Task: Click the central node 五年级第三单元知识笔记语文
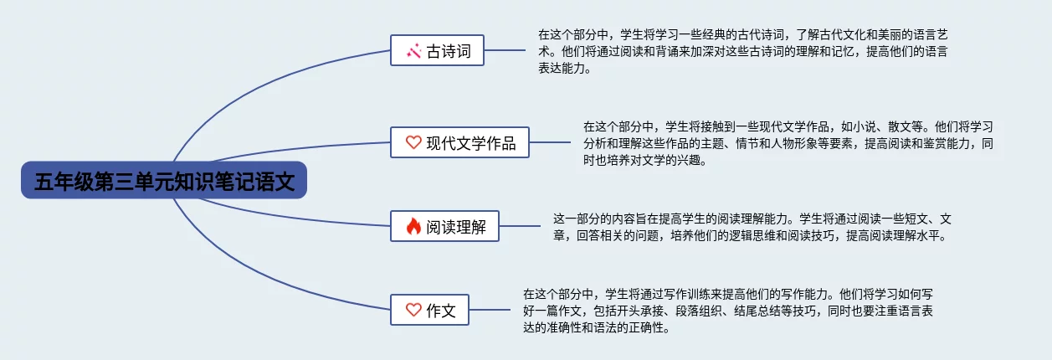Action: point(164,180)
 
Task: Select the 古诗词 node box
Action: point(437,50)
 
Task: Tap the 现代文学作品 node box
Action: point(459,142)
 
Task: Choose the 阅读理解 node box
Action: point(444,226)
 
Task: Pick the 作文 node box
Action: point(429,310)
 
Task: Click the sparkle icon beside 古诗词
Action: point(413,51)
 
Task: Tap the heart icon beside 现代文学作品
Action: point(413,142)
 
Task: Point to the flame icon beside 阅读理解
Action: point(413,226)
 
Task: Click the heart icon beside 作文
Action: point(413,309)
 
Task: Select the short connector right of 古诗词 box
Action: point(505,50)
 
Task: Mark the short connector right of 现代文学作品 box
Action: point(550,142)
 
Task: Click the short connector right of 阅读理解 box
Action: point(520,225)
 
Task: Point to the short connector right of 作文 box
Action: point(490,309)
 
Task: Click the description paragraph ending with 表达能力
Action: point(743,51)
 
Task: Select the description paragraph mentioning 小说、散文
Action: point(788,143)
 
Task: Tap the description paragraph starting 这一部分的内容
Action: point(752,227)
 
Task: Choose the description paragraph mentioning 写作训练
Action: point(728,311)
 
